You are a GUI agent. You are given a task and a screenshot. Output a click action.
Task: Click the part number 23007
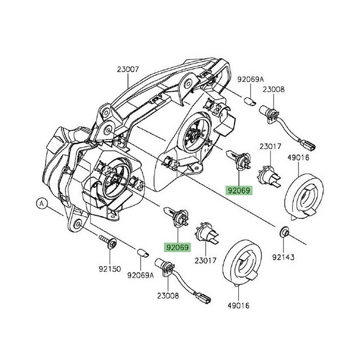point(128,70)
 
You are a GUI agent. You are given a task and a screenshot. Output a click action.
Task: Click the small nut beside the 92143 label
point(284,233)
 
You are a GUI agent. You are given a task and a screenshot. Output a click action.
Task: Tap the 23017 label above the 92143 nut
point(270,146)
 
